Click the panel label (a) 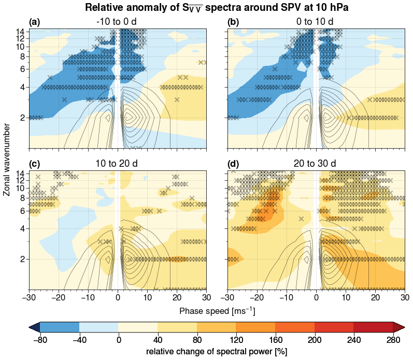click(34, 22)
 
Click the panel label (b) click(233, 22)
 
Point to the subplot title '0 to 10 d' click(316, 22)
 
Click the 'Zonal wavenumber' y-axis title click(7, 160)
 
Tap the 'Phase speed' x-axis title click(217, 311)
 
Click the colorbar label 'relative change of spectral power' click(217, 352)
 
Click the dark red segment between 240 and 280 click(373, 326)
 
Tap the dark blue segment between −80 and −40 click(60, 326)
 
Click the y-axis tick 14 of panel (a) click(22, 32)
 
